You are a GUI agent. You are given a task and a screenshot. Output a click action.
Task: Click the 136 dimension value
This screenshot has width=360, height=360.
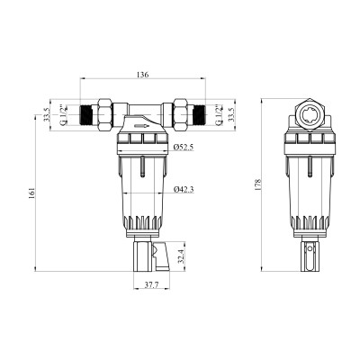143,75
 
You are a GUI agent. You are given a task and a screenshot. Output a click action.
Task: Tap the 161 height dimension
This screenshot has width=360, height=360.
32,193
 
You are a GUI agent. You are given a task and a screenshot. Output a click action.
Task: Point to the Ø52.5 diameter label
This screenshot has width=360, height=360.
184,147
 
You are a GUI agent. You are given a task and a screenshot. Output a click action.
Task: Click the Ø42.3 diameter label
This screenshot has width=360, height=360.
184,189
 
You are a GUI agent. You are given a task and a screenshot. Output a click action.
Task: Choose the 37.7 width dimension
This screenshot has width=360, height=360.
151,285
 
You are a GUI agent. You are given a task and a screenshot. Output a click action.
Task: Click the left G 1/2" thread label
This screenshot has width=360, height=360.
62,114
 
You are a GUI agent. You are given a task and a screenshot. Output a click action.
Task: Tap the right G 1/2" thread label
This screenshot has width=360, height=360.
220,114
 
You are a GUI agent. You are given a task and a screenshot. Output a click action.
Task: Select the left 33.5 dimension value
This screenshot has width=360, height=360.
46,114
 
